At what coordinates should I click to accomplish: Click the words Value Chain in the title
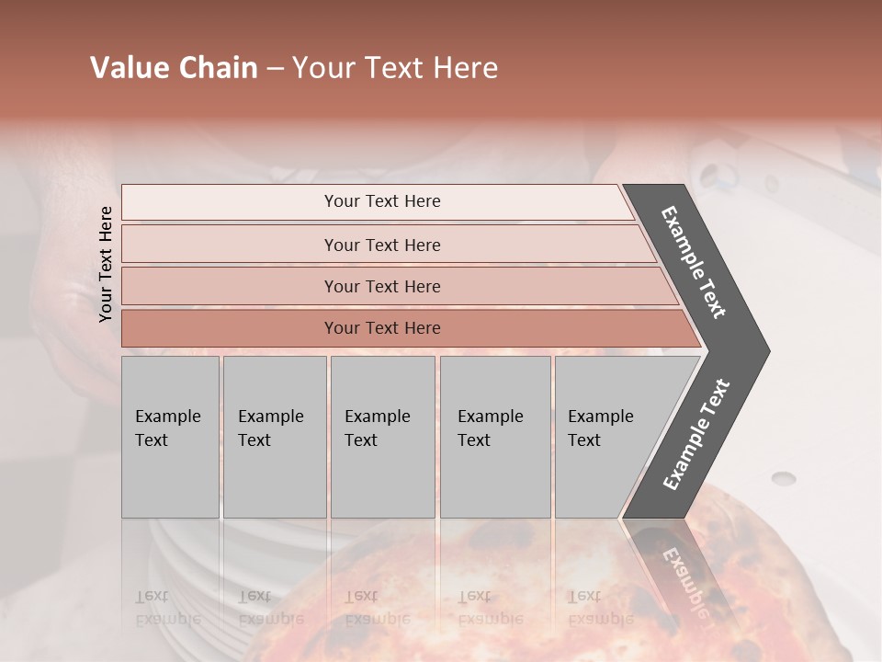174,68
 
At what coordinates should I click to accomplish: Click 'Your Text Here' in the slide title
395,68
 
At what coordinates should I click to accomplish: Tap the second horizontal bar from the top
381,245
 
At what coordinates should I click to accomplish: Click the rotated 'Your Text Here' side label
106,264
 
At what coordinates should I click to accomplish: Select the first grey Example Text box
170,437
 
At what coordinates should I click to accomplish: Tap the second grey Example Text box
274,437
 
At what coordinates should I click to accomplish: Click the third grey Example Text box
382,437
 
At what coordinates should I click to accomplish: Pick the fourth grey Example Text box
495,437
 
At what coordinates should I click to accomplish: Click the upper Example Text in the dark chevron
694,262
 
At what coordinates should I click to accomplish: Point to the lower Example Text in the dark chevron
696,435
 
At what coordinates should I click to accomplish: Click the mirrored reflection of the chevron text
684,575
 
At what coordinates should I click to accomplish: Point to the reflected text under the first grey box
168,607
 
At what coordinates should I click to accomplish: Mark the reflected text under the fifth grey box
600,607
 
